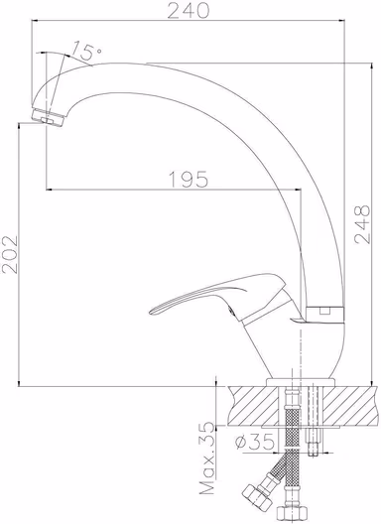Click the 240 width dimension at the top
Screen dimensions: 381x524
click(x=189, y=10)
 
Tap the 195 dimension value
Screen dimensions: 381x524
click(x=189, y=179)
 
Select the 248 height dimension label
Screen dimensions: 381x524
click(x=362, y=224)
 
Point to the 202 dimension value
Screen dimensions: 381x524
click(x=10, y=255)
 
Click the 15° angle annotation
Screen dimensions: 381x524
click(x=86, y=51)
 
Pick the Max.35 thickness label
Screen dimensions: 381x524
click(x=207, y=458)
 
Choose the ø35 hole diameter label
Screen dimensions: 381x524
click(x=255, y=443)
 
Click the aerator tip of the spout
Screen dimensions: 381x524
click(x=49, y=118)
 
